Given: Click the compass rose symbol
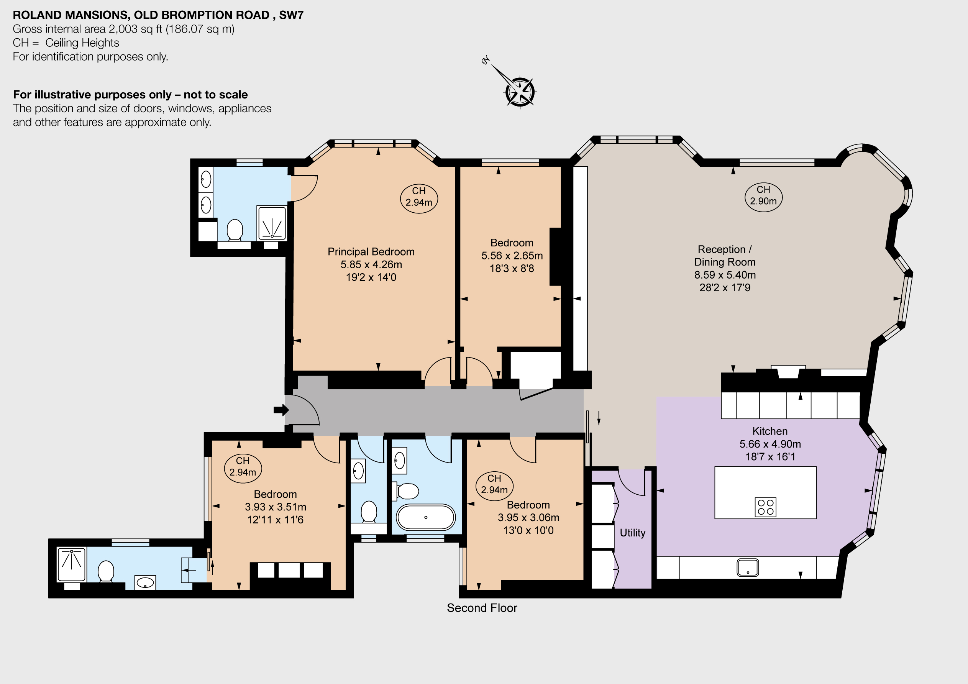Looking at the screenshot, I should [519, 91].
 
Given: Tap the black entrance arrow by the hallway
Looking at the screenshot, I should [281, 410].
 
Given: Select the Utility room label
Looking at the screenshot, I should [632, 533].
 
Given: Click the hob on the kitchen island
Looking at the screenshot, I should [765, 507].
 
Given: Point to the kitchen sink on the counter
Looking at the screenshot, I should [748, 568].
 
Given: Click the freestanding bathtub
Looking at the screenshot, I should [425, 517].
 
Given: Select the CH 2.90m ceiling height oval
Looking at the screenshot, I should [763, 196].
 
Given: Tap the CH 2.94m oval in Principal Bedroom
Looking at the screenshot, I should [418, 197].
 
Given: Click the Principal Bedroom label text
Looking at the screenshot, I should [371, 252].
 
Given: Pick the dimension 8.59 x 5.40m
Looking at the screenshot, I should [725, 275].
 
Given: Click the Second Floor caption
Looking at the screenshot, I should [482, 608].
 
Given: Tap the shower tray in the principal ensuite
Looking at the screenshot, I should [272, 223].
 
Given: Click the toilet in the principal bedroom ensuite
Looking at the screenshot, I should [235, 230].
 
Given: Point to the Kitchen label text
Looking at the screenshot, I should [770, 431].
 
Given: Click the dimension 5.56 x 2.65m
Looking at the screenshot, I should [512, 256].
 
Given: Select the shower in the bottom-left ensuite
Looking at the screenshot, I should [72, 564].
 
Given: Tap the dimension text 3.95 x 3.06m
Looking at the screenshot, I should [528, 517].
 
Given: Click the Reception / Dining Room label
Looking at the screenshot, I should [725, 256].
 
